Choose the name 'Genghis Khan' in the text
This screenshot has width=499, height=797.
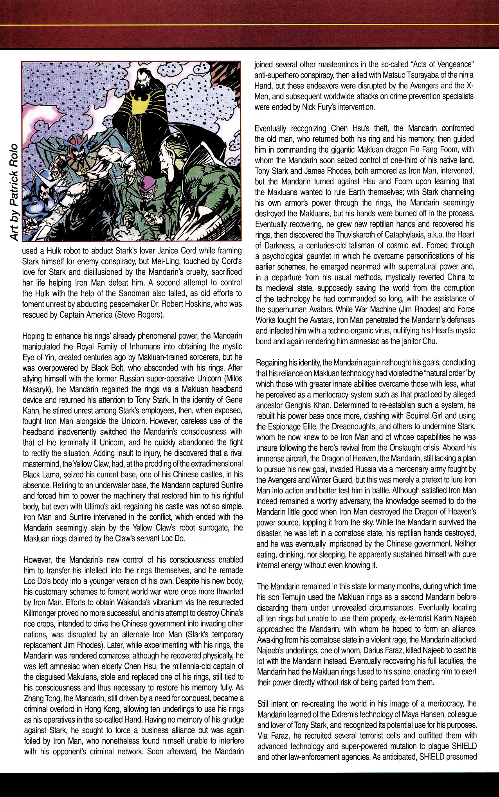[310, 405]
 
